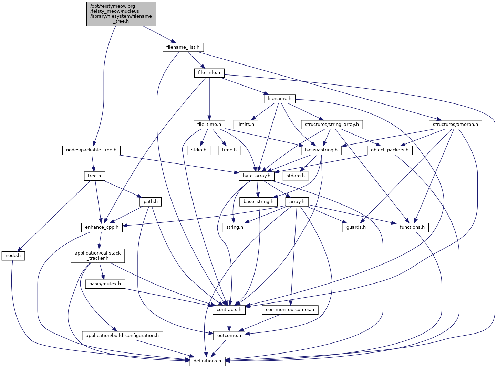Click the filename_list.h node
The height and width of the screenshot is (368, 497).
point(183,47)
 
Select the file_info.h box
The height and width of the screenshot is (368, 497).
point(209,73)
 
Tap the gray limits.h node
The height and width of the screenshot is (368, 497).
point(246,124)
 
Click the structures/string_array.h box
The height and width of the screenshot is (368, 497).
point(332,124)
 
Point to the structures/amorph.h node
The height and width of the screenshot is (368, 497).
point(455,124)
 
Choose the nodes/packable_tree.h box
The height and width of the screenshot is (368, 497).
point(91,150)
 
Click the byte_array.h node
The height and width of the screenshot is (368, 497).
point(257,176)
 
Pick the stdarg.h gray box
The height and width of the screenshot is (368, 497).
point(296,176)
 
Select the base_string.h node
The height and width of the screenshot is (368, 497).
point(258,202)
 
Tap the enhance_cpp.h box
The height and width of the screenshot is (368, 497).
point(102,227)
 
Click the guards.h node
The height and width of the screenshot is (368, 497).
point(356,227)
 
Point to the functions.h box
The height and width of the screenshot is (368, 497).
point(412,227)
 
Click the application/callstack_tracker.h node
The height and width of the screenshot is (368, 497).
point(98,256)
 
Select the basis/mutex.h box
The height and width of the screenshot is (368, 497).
point(105,284)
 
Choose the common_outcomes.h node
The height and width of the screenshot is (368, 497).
point(290,310)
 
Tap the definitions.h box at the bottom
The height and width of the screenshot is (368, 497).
point(207,361)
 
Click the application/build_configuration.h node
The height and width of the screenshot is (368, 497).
point(122,335)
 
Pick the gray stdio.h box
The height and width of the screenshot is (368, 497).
point(199,150)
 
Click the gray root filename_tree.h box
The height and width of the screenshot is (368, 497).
point(121,14)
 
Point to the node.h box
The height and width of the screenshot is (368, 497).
point(13,256)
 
